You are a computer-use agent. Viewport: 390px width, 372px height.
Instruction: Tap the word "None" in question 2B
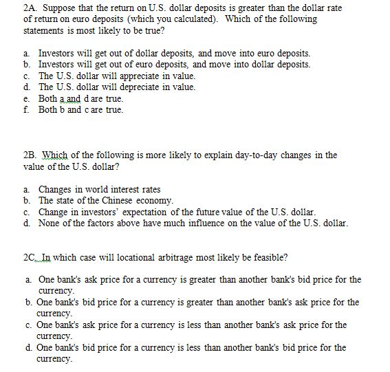coord(50,223)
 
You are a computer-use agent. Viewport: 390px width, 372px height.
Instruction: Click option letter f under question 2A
coord(25,110)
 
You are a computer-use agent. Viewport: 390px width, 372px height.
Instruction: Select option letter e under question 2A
coord(25,98)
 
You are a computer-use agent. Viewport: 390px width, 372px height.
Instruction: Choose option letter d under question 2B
coord(25,223)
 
